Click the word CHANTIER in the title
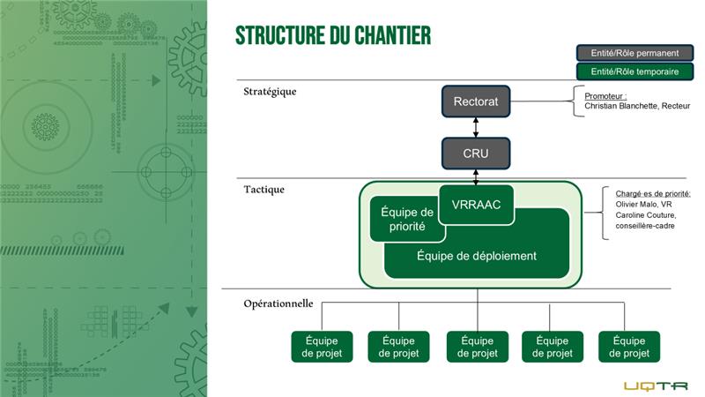tap(383, 35)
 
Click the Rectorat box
tap(476, 101)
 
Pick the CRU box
tap(476, 154)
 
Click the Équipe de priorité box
tap(406, 219)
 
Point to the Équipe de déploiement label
tap(476, 256)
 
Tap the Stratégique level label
tap(270, 91)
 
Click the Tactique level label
tap(264, 190)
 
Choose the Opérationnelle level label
tap(278, 303)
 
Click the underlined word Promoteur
tap(605, 95)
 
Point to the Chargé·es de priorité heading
tap(653, 193)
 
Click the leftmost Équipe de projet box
tap(323, 347)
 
